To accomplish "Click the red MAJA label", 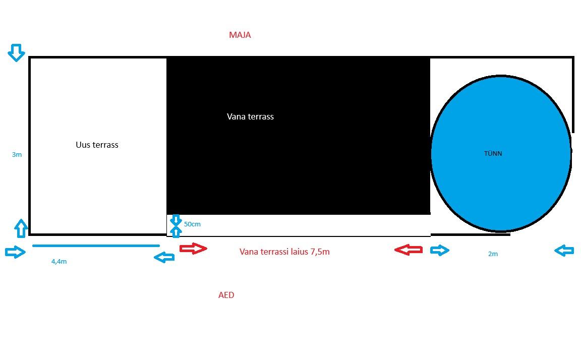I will pos(240,35).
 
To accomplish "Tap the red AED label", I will pos(226,295).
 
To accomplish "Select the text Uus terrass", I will pos(97,145).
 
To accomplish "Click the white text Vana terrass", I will pos(250,116).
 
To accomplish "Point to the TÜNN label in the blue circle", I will pos(493,154).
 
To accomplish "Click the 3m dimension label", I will pos(17,155).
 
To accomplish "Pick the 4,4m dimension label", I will pos(59,262).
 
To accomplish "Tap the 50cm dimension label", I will pos(192,224).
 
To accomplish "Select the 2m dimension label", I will pos(493,254).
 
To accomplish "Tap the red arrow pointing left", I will pos(409,250).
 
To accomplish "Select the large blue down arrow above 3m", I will pos(16,52).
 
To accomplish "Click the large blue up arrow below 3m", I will pos(20,228).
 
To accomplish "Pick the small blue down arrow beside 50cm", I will pos(176,220).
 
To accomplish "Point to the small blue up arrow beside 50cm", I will pos(176,231).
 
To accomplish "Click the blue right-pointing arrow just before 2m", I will pos(439,250).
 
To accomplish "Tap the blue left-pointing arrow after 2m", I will pos(564,250).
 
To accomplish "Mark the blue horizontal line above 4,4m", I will pos(96,246).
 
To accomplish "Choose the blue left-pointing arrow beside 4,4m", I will pos(164,258).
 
